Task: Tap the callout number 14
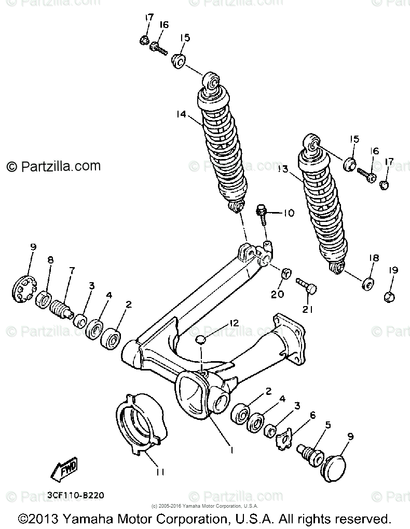[x=181, y=115]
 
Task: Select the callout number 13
[x=283, y=168]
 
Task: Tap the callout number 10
[x=289, y=213]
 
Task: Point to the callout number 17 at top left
[x=149, y=18]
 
